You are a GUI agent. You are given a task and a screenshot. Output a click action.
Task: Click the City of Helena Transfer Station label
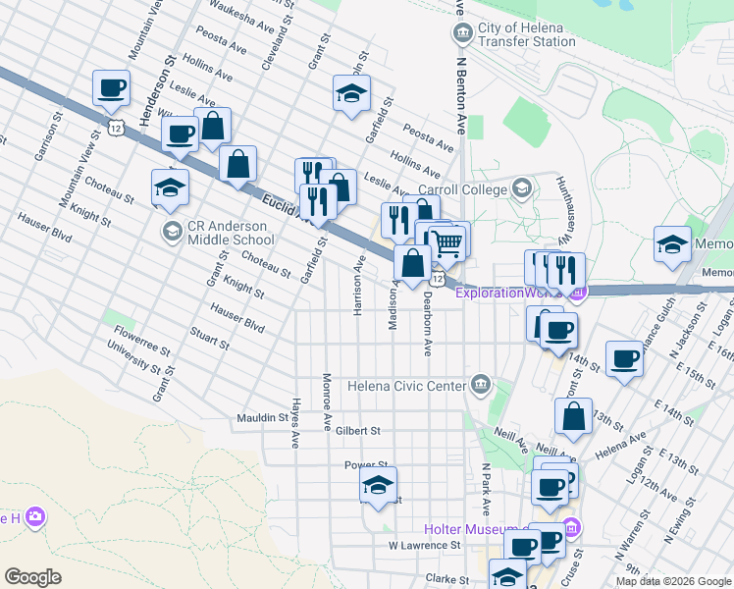526,35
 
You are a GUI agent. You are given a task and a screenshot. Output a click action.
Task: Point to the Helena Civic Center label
406,385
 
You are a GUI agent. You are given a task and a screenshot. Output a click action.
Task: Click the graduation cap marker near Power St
378,485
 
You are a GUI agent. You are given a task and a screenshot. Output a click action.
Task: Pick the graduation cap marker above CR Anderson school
170,186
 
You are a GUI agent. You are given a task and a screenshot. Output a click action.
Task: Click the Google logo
33,577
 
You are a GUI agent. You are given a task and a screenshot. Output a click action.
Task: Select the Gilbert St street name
356,431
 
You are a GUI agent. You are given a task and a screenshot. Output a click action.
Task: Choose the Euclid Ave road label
287,209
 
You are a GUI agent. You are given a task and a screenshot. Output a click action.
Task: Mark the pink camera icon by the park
36,516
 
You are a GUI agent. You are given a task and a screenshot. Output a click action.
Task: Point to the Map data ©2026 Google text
673,581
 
